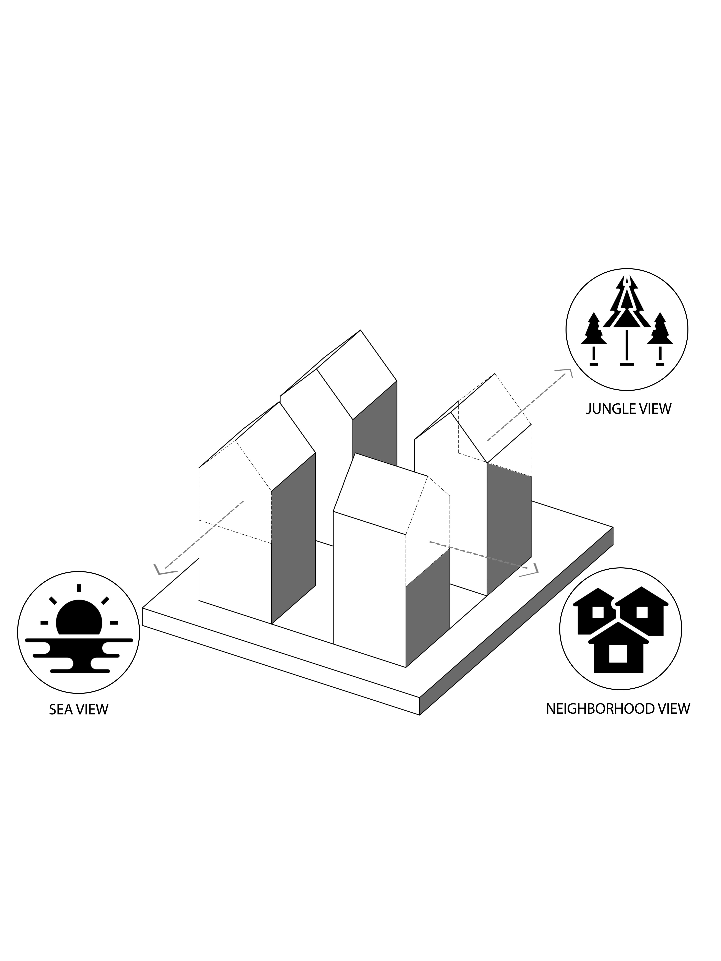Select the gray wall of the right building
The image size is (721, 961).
click(509, 528)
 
